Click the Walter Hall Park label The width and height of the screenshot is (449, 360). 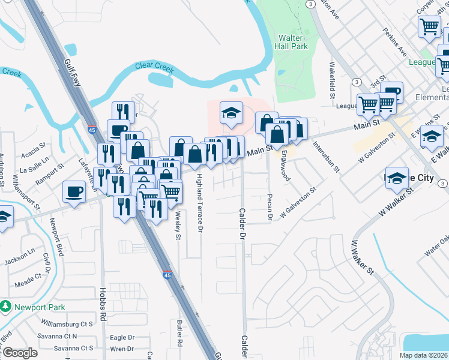click(x=291, y=41)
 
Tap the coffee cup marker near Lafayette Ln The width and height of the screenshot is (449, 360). click(x=74, y=192)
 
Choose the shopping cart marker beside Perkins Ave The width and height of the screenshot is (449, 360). click(x=430, y=26)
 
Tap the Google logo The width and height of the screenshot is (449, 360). click(x=19, y=353)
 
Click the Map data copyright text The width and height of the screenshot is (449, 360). click(x=424, y=355)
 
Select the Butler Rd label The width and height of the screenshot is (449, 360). click(x=179, y=333)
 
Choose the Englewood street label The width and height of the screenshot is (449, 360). click(x=286, y=167)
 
